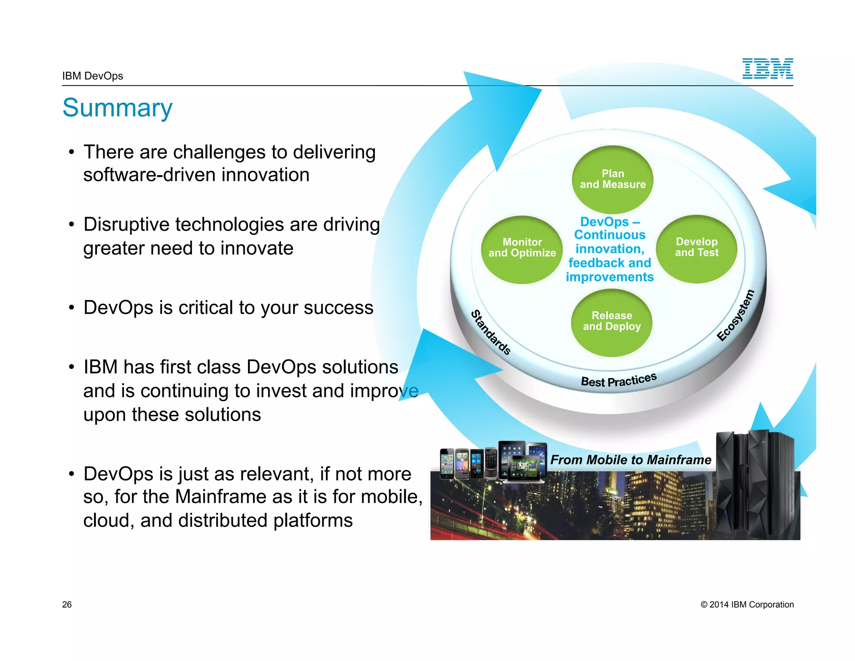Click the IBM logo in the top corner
tap(767, 69)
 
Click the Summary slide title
tap(117, 108)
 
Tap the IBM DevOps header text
tap(93, 76)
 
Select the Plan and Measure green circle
tap(612, 179)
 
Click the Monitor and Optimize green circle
tap(522, 249)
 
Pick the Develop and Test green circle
tap(696, 249)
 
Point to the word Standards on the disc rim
tap(491, 333)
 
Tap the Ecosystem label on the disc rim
tap(736, 316)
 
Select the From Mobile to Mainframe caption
tap(630, 460)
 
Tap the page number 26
tap(67, 605)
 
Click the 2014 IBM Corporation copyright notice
tap(747, 605)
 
